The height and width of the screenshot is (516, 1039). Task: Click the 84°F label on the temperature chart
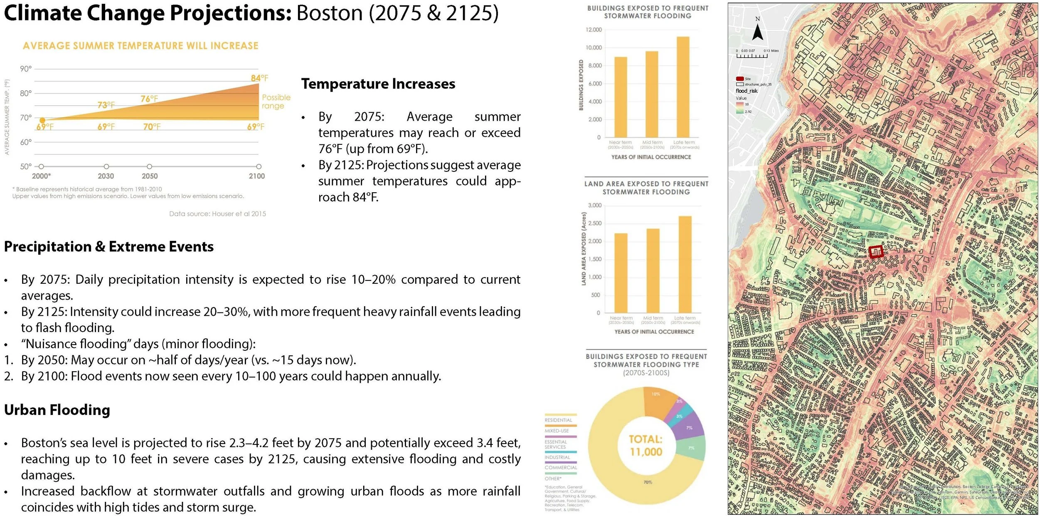(x=259, y=78)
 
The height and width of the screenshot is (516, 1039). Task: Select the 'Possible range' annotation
(x=276, y=102)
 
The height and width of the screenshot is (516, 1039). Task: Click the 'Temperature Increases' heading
(x=378, y=84)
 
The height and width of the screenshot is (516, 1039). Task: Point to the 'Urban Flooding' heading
(x=57, y=410)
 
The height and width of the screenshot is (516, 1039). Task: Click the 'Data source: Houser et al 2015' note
(x=217, y=214)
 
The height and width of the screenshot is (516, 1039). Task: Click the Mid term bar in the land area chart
(x=653, y=270)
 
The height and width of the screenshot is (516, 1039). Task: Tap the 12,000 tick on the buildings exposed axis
(x=593, y=30)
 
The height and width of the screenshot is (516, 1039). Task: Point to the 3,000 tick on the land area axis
(x=595, y=206)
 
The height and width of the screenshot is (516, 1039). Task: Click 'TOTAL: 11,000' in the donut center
(x=646, y=445)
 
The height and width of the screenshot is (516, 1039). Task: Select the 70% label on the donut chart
(x=648, y=482)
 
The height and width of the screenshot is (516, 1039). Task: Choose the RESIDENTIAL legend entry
(x=558, y=420)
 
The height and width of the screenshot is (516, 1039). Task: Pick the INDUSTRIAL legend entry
(x=557, y=457)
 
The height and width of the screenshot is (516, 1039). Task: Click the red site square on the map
(x=875, y=252)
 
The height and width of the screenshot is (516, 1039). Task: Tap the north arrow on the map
(x=758, y=31)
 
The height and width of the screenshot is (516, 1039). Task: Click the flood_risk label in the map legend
(x=746, y=91)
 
